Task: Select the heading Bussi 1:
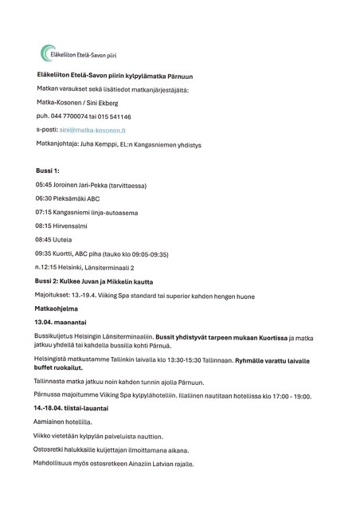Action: coord(48,171)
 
